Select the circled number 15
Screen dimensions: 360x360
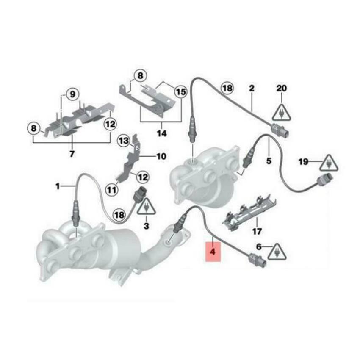pos(181,91)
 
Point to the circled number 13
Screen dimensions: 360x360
pos(123,140)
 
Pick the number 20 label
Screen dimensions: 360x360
pos(282,89)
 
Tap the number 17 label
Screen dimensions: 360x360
pos(257,232)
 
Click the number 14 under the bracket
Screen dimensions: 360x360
pos(161,133)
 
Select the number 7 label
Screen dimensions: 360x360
pos(72,154)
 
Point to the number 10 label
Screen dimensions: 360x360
pos(161,157)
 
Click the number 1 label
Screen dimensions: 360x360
pos(58,186)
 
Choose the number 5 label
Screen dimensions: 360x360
pos(269,161)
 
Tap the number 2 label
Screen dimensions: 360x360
pos(252,89)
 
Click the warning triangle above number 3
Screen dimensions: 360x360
pos(146,207)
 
